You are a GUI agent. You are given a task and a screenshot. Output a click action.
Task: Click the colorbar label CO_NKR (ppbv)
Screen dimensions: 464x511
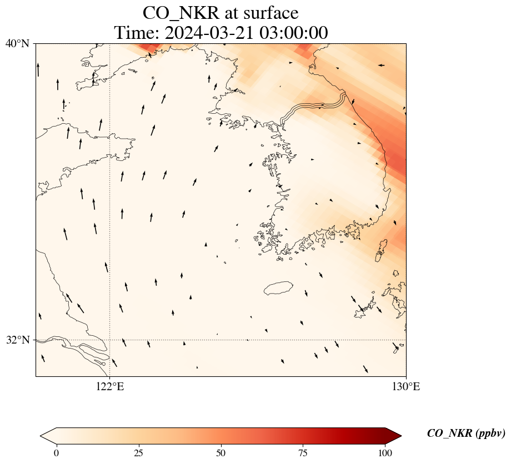tap(466, 433)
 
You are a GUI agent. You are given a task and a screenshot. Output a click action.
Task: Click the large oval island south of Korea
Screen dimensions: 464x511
tap(278, 288)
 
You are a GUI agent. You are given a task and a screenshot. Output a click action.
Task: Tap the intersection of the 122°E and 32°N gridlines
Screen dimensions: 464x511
tap(110, 340)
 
